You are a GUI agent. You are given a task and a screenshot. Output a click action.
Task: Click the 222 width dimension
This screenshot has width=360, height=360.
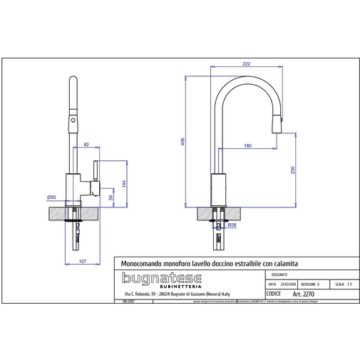tap(246, 64)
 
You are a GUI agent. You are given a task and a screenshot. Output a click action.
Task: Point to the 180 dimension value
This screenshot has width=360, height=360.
tap(247, 146)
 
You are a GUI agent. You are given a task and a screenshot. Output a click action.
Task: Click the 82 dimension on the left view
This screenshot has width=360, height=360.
tap(86, 145)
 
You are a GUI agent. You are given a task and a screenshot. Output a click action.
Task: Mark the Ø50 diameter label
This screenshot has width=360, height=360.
tap(51, 197)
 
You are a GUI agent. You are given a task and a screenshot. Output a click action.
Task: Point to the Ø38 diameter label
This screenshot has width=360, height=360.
tap(232, 225)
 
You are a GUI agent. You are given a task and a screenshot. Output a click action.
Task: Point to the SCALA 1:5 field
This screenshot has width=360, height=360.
tap(344, 284)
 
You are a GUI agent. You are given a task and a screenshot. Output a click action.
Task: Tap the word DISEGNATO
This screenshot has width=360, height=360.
tap(279, 274)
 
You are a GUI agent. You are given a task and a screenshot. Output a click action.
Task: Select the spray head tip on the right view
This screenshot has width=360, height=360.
tap(278, 122)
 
